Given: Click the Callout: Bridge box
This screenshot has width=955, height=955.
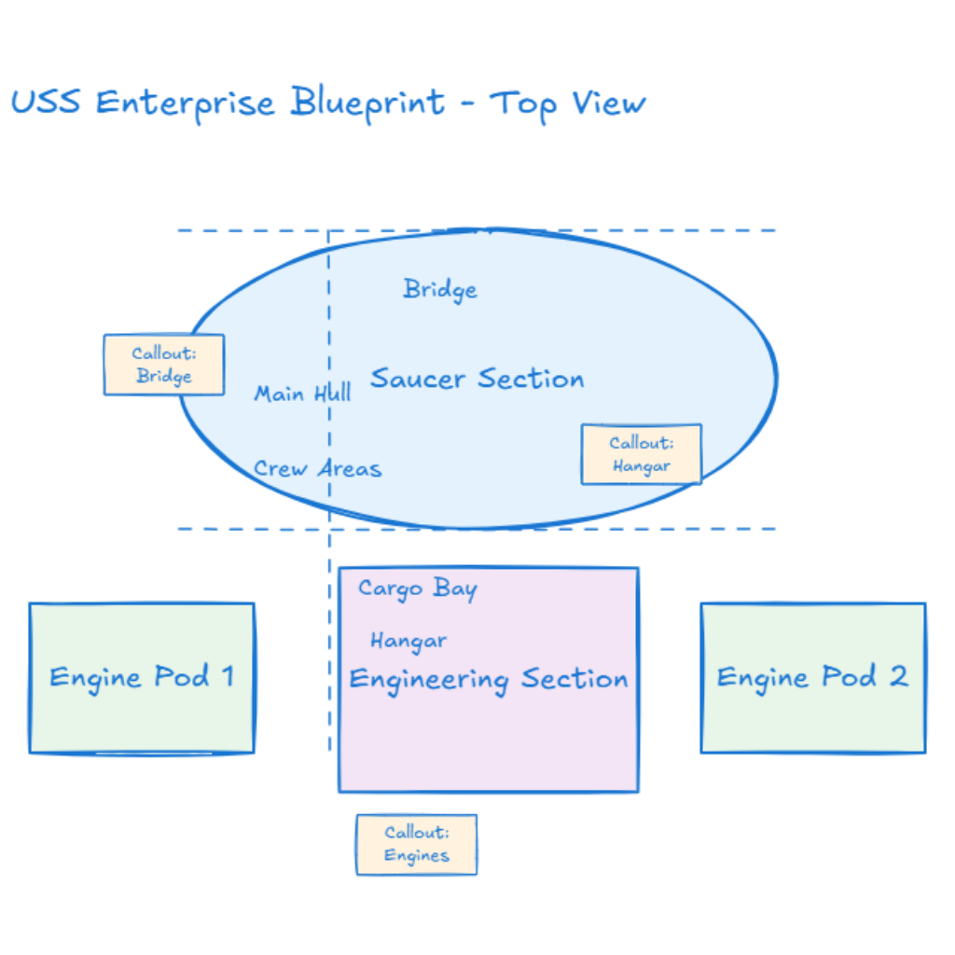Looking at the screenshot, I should (163, 365).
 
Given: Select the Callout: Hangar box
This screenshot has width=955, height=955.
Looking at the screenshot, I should (641, 454).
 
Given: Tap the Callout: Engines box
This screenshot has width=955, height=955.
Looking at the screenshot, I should (416, 844).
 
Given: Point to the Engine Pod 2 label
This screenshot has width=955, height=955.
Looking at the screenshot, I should (812, 677).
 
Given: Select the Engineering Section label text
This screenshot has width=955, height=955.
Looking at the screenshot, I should (488, 680).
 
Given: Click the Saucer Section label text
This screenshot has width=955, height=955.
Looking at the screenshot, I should (477, 379).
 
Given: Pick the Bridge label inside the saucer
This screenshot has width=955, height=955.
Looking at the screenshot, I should (440, 290).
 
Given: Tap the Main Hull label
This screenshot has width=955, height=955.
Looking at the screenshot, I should (303, 394).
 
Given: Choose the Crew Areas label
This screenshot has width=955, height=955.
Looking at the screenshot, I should (318, 468).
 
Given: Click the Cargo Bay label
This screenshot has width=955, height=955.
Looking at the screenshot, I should (418, 589).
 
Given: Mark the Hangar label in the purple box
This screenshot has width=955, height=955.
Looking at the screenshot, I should (408, 641).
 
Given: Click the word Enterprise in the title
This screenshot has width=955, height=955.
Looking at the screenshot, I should (186, 102).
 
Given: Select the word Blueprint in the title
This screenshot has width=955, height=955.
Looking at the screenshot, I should (367, 102).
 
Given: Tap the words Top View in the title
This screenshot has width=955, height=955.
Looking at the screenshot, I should (568, 104).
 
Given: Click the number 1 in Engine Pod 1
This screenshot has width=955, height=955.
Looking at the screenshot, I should (226, 676).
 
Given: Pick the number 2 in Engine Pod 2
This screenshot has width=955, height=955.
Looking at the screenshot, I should (897, 676).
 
